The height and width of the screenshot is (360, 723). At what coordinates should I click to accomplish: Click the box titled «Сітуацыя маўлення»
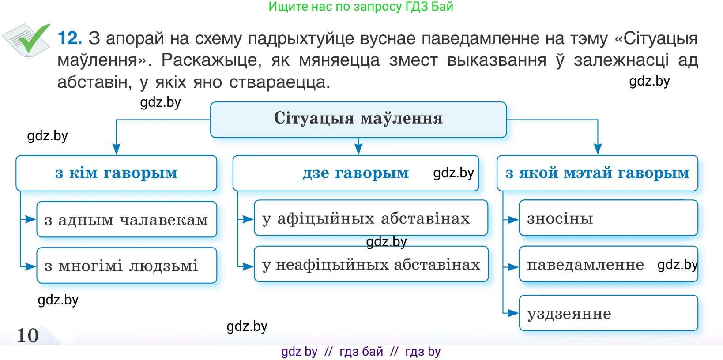click(x=358, y=119)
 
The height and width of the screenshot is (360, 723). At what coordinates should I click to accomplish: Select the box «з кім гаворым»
click(x=116, y=173)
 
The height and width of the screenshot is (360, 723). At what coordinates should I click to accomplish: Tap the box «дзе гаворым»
click(x=355, y=173)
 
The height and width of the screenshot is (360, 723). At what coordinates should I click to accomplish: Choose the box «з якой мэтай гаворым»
click(x=597, y=173)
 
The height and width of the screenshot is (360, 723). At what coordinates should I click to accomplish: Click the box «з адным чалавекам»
click(x=126, y=219)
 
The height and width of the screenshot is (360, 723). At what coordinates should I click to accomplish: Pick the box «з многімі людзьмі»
click(x=126, y=266)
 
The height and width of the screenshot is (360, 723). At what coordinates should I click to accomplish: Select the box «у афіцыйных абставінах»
click(x=371, y=218)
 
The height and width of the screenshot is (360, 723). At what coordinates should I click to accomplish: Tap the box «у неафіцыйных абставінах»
click(x=371, y=264)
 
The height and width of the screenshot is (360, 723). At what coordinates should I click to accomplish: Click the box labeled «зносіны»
click(x=608, y=218)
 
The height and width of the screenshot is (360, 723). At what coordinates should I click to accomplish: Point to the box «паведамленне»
click(x=608, y=264)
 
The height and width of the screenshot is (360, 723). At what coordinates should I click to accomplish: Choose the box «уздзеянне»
click(x=608, y=313)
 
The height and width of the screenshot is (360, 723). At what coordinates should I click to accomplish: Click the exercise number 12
click(x=70, y=38)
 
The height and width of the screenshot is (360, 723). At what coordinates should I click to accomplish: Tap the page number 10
click(x=27, y=335)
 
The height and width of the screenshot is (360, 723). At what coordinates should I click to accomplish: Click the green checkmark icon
click(x=31, y=39)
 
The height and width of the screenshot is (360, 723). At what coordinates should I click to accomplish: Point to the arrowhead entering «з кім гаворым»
click(x=117, y=149)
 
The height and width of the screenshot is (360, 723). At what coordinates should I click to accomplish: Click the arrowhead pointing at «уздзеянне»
click(x=513, y=313)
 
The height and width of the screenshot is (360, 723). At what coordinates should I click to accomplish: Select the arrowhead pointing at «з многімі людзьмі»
click(x=30, y=266)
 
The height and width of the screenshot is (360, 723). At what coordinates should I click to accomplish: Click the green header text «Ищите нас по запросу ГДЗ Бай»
click(x=361, y=6)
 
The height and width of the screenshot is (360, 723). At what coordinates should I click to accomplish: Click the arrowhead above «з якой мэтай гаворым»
click(x=598, y=149)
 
